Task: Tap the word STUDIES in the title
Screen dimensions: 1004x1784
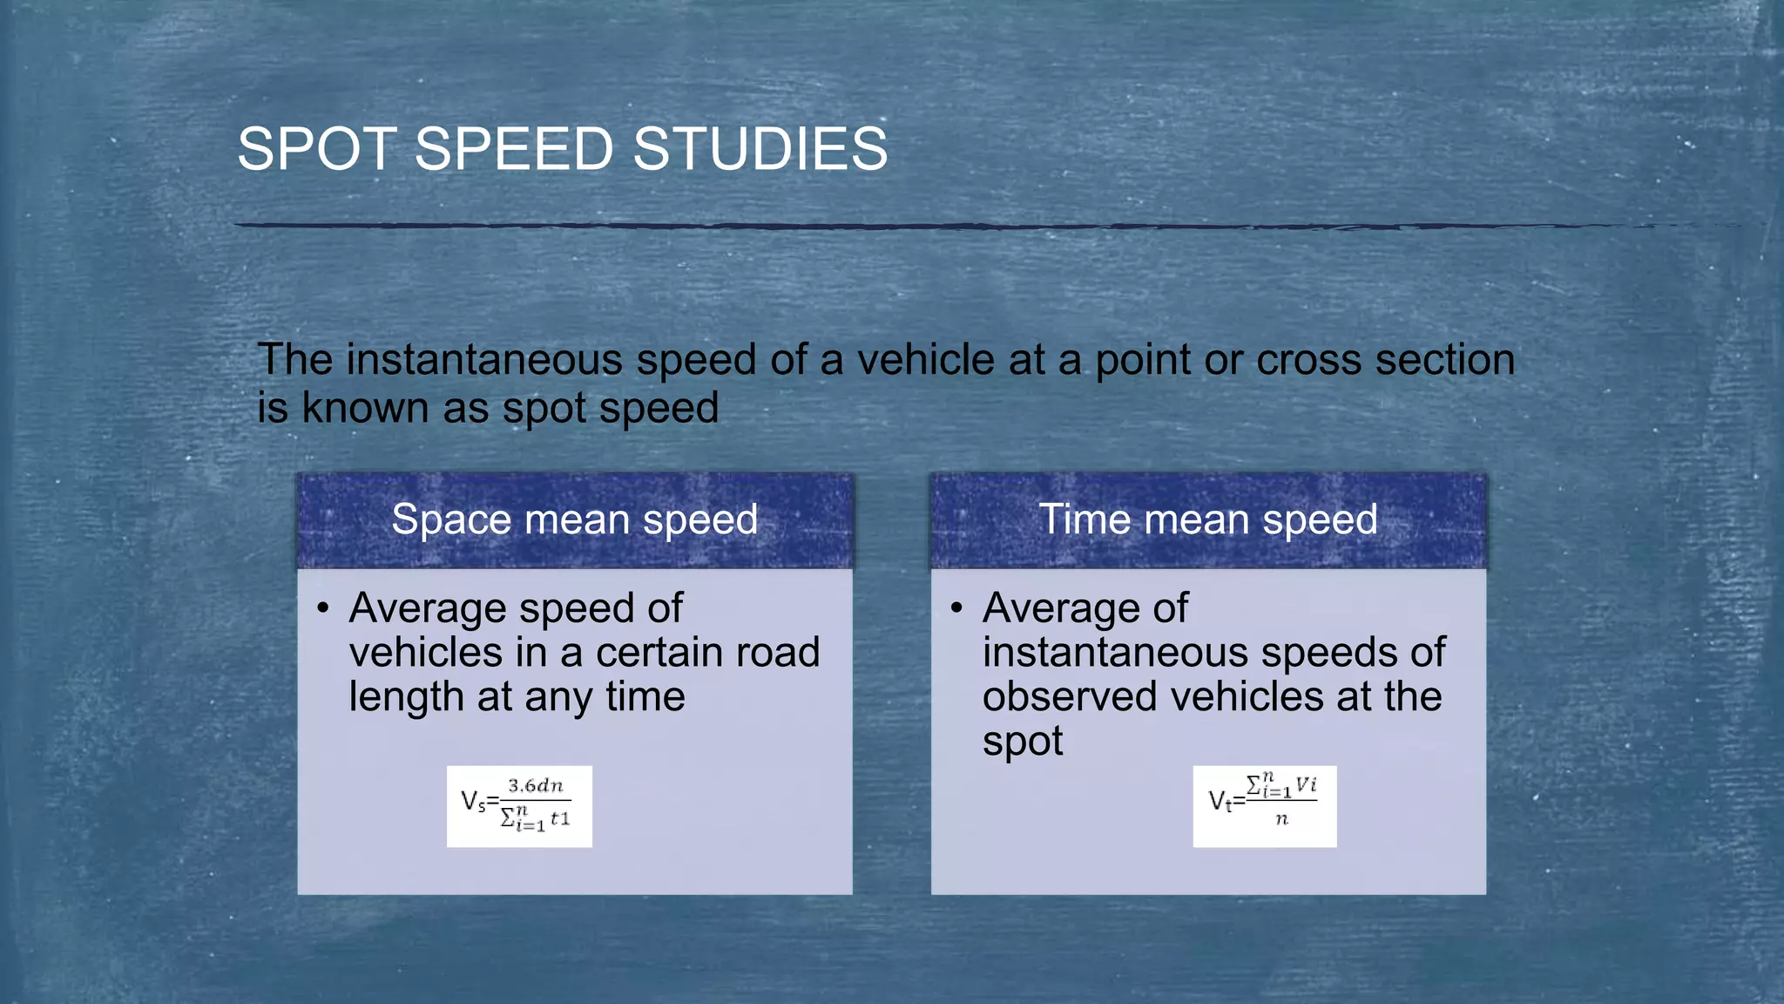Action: pyautogui.click(x=760, y=149)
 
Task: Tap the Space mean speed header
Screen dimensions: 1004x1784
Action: pyautogui.click(x=574, y=520)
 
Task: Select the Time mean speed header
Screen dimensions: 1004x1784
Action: pyautogui.click(x=1208, y=520)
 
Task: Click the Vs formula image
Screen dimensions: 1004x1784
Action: pyautogui.click(x=519, y=806)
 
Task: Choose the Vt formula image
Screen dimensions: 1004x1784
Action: pyautogui.click(x=1264, y=806)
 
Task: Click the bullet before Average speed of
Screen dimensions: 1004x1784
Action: pyautogui.click(x=323, y=607)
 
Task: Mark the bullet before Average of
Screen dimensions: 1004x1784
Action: pyautogui.click(x=956, y=607)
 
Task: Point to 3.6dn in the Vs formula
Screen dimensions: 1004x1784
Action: pyautogui.click(x=536, y=786)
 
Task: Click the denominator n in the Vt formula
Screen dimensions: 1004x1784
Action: pyautogui.click(x=1281, y=820)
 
